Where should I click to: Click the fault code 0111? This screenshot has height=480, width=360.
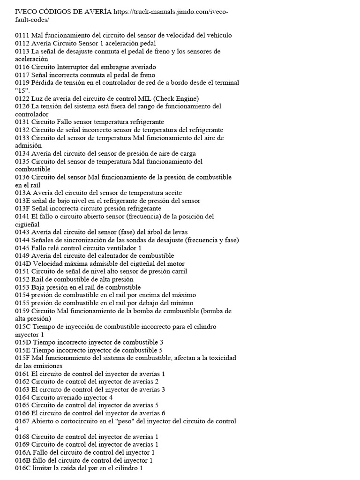pyautogui.click(x=22, y=35)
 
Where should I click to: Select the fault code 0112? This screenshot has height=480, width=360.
pyautogui.click(x=22, y=43)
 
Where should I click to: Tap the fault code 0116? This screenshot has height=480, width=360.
pyautogui.click(x=22, y=67)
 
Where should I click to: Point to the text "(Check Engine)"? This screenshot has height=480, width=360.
pyautogui.click(x=176, y=98)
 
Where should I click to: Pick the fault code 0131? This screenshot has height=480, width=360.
pyautogui.click(x=22, y=122)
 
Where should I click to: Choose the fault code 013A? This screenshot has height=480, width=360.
pyautogui.click(x=22, y=193)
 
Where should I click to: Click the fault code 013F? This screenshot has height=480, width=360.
pyautogui.click(x=22, y=209)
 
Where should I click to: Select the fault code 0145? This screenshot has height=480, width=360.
pyautogui.click(x=22, y=248)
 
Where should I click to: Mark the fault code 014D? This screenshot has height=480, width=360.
pyautogui.click(x=22, y=263)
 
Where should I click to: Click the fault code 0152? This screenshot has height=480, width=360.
pyautogui.click(x=22, y=279)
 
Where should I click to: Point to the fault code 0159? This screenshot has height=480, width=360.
pyautogui.click(x=22, y=311)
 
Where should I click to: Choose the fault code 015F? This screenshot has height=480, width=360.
pyautogui.click(x=22, y=358)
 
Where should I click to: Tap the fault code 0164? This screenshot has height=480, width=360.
pyautogui.click(x=22, y=397)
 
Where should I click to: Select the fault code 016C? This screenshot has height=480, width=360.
pyautogui.click(x=22, y=468)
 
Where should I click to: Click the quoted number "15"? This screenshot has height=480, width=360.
pyautogui.click(x=22, y=90)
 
